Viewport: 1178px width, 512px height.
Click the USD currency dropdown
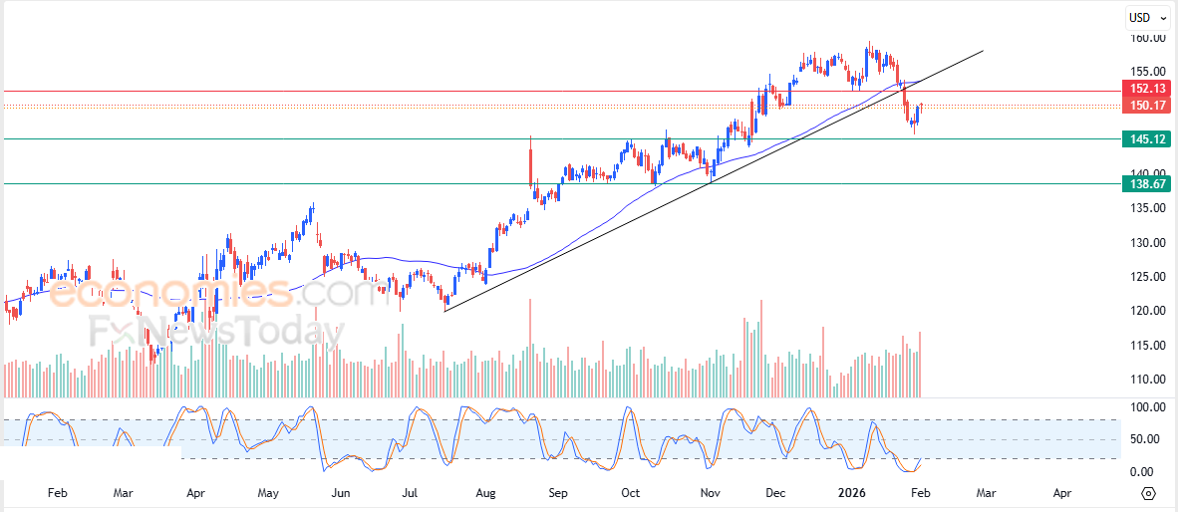coord(1147,17)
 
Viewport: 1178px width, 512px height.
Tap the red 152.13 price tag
coord(1147,89)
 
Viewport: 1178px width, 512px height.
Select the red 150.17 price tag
coord(1147,105)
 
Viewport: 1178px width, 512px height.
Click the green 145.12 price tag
coord(1147,139)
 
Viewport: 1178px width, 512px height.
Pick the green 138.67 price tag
coord(1147,184)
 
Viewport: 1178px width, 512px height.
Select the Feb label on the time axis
coord(57,492)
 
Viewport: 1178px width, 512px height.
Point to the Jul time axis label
coord(411,492)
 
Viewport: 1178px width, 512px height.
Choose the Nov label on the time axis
coord(711,492)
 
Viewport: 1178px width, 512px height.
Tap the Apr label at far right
coord(1062,492)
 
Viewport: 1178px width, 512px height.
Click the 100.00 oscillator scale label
coord(1146,407)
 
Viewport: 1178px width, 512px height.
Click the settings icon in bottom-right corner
coord(1149,493)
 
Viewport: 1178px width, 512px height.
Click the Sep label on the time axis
coord(558,492)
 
